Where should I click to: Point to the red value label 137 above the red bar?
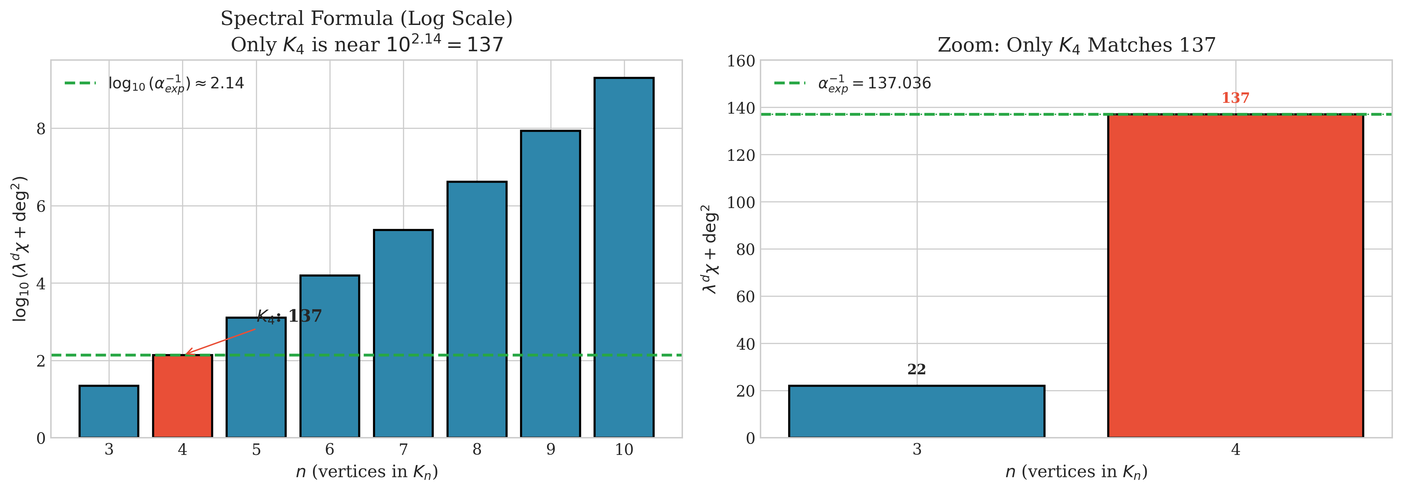click(1235, 98)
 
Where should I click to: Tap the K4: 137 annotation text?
click(289, 316)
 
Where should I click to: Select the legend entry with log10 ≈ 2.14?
click(176, 83)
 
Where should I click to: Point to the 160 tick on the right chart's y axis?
click(741, 61)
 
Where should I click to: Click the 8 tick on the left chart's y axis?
click(41, 129)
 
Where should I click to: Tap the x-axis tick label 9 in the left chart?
click(551, 450)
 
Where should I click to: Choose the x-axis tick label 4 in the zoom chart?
click(1235, 450)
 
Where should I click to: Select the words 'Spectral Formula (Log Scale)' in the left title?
click(366, 19)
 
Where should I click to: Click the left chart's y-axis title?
click(20, 249)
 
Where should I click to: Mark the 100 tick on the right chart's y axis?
click(741, 202)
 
